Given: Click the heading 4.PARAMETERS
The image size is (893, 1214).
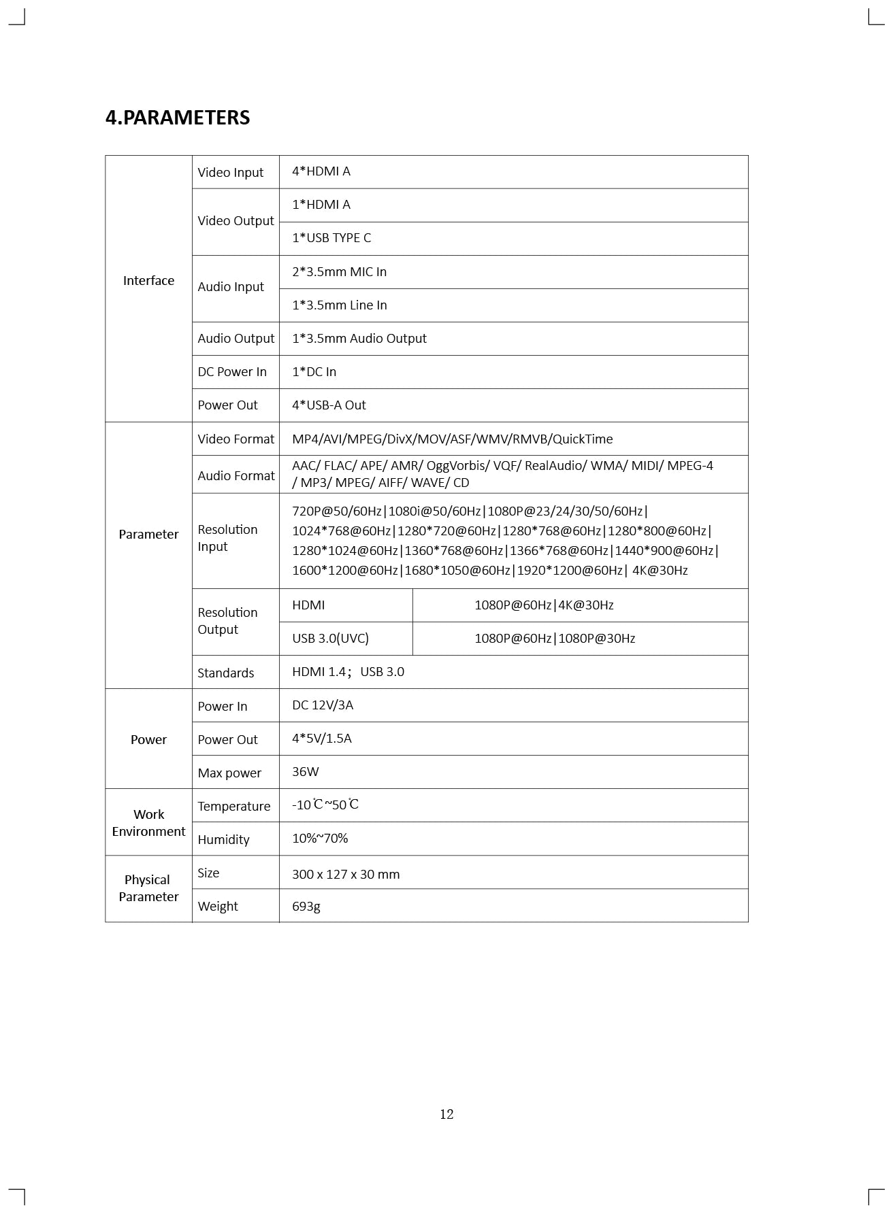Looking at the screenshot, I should click(178, 118).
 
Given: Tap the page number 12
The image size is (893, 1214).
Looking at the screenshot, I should click(446, 1114).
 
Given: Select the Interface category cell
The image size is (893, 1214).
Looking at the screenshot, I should click(148, 281).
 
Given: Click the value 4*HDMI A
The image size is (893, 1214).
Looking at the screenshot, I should click(321, 171).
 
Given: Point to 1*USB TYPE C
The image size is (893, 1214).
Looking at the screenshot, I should click(331, 238).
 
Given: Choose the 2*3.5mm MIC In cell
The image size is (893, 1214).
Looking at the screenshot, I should click(339, 272).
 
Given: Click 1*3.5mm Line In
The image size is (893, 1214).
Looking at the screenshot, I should click(339, 305).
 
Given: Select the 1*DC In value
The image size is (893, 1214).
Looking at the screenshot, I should click(314, 372).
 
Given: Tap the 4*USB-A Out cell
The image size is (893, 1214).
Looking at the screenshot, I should click(329, 405).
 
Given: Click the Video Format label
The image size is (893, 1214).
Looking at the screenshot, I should click(236, 439).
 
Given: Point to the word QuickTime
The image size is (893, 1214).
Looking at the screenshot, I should click(583, 439).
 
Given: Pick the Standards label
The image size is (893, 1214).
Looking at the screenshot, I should click(225, 673).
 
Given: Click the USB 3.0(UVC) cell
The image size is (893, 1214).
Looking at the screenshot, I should click(330, 639).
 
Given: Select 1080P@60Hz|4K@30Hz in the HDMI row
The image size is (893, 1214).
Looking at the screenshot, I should click(544, 605).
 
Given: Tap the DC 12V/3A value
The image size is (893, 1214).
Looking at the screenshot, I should click(323, 705).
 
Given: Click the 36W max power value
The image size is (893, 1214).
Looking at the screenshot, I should click(305, 772).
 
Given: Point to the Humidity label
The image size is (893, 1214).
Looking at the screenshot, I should click(223, 840).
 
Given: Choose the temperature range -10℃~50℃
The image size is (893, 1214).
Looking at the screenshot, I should click(325, 805).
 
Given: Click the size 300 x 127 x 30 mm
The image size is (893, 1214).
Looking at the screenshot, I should click(346, 875).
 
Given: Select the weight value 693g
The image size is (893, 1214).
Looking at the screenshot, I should click(306, 907).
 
